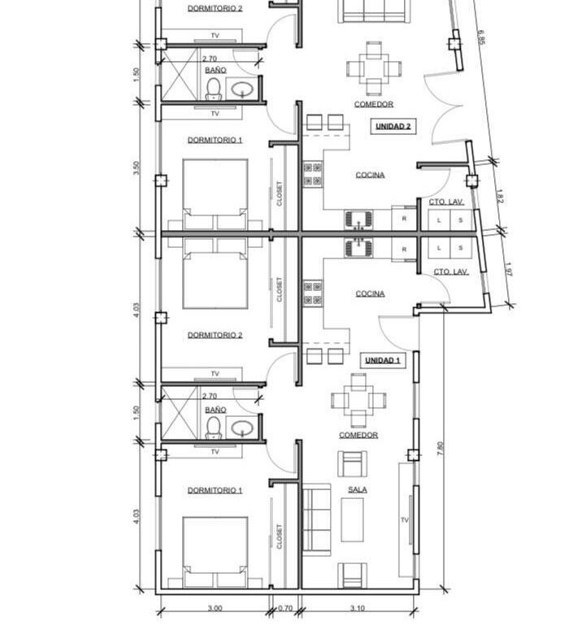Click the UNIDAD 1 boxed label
tap(383, 360)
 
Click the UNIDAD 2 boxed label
tap(393, 126)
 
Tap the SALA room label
tap(358, 489)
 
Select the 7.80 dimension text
tap(441, 449)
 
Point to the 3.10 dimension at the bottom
tap(358, 608)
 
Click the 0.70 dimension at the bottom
tap(285, 608)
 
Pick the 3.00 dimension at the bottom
tap(215, 608)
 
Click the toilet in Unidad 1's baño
tap(213, 428)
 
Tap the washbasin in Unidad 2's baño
tap(242, 89)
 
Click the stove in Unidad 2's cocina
tap(313, 174)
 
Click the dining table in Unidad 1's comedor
tap(358, 401)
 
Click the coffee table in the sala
tap(352, 519)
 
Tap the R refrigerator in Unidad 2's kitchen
tap(404, 219)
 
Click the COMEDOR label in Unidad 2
tap(374, 104)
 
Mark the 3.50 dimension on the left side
tap(137, 167)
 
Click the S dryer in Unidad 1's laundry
tap(460, 248)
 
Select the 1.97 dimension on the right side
tap(509, 270)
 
